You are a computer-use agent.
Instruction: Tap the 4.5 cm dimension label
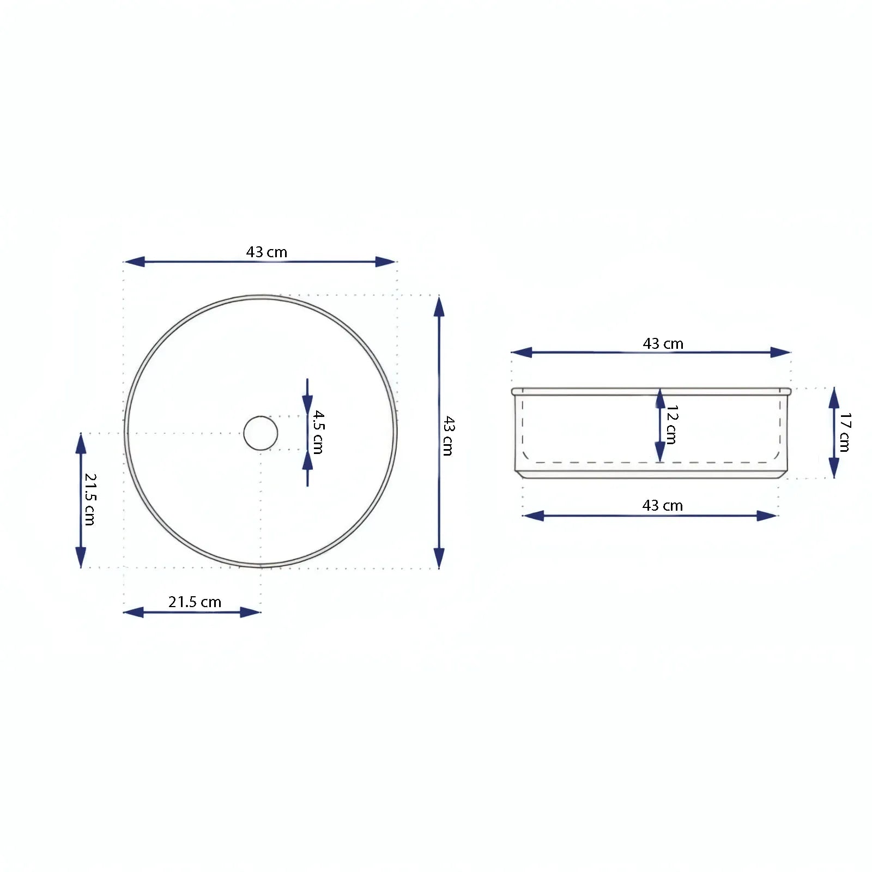319,432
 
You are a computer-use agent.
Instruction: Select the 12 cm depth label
672,425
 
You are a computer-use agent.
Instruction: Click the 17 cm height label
845,432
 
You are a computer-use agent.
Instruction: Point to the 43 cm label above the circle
267,252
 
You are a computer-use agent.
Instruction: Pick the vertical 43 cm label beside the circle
449,435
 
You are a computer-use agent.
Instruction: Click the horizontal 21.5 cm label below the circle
195,602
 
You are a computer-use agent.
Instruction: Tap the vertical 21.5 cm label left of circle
90,499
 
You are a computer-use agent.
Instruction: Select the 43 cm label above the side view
663,343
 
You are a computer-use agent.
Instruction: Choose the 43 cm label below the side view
662,505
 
